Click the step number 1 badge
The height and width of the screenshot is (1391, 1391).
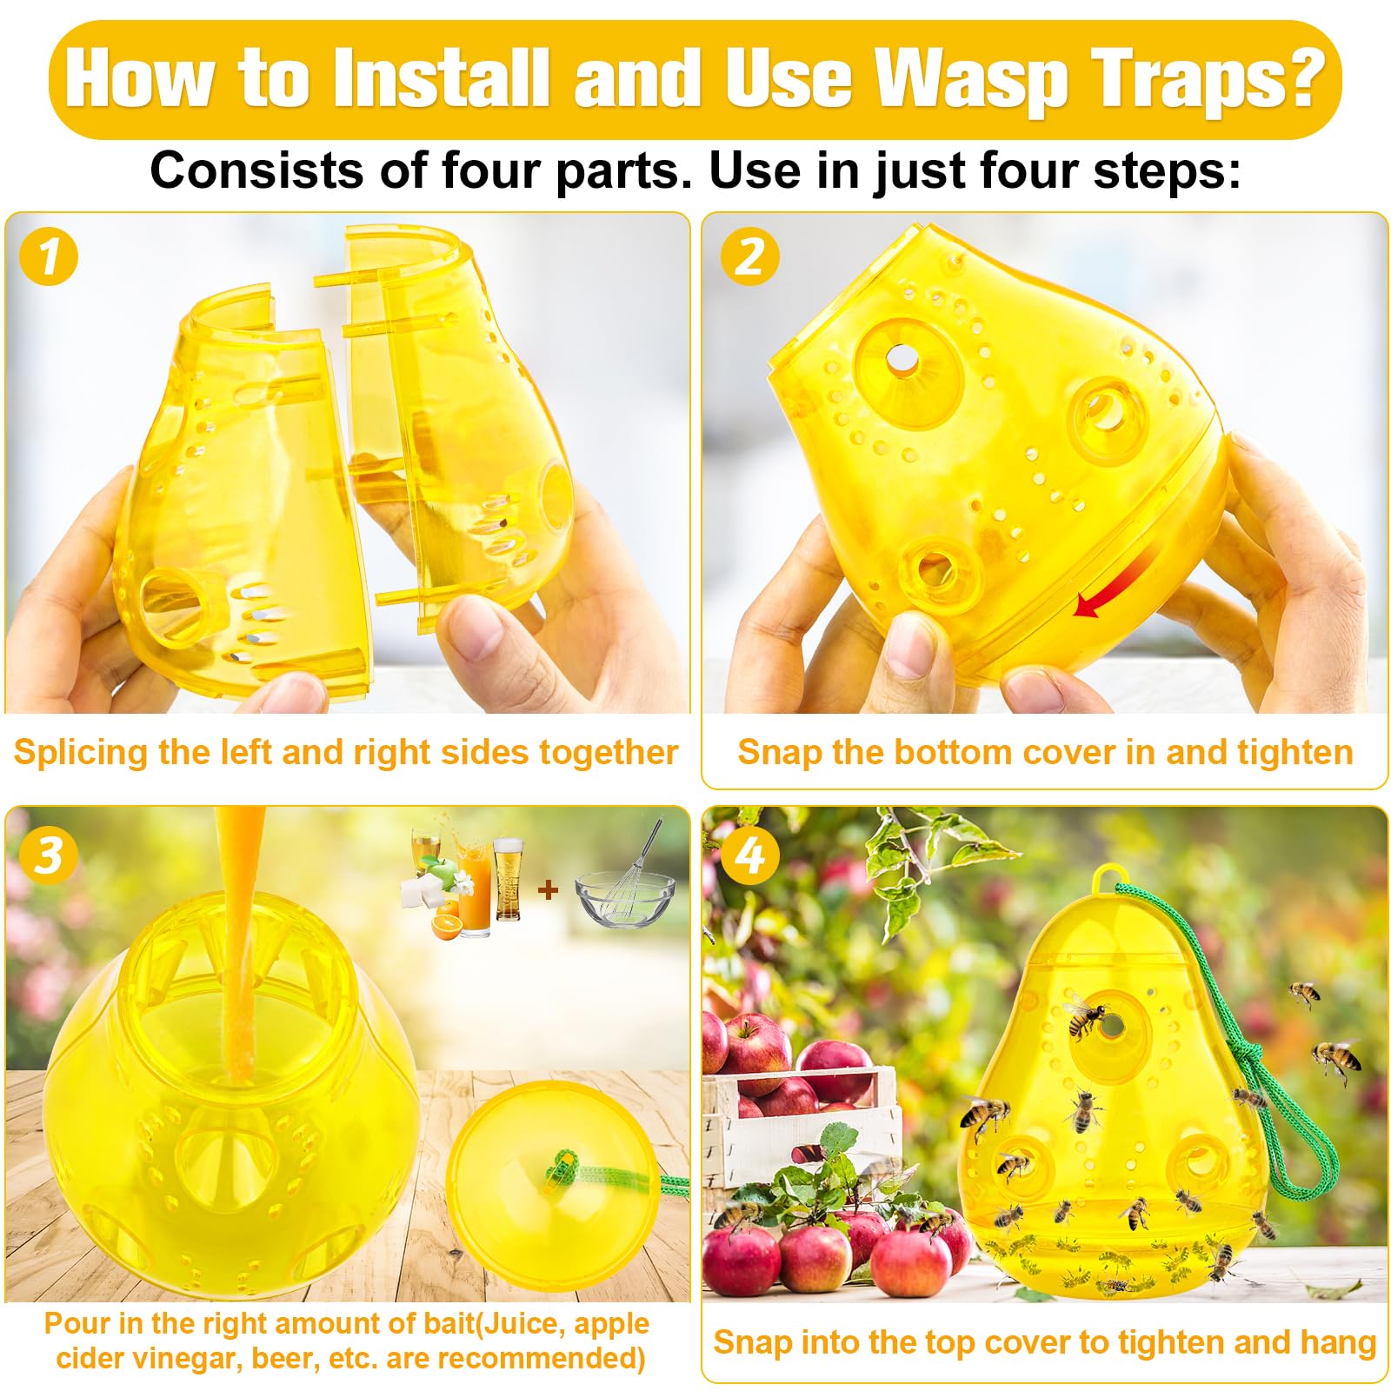click(49, 256)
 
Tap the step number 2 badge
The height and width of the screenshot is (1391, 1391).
click(749, 256)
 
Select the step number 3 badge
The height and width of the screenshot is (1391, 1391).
click(49, 855)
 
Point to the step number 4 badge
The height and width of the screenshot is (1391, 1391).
click(749, 855)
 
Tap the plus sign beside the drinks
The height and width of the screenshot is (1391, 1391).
click(549, 890)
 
